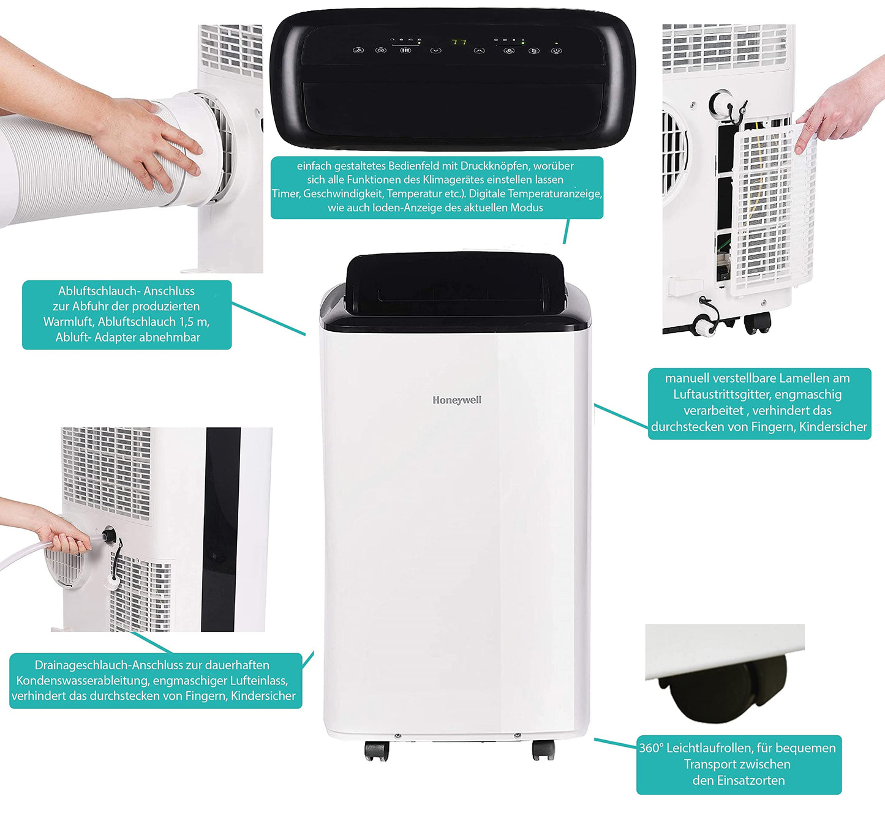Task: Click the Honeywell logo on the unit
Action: tap(457, 400)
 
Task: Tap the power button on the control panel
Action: tap(556, 51)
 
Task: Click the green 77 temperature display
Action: tap(459, 42)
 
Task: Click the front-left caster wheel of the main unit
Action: tap(376, 750)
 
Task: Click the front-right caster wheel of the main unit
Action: tap(543, 749)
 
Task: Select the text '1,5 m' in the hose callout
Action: tap(194, 321)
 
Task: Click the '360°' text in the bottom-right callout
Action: tap(650, 748)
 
